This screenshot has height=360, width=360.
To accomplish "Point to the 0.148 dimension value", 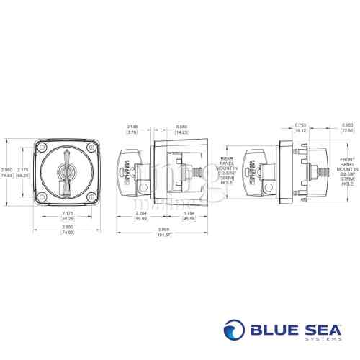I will [x=131, y=127].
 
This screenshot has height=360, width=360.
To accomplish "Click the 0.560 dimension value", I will [x=182, y=127].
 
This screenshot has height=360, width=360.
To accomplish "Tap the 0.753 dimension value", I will [x=300, y=127].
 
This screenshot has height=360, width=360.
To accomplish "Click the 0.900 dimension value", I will [x=346, y=127].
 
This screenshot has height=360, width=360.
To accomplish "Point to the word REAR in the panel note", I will [x=225, y=158].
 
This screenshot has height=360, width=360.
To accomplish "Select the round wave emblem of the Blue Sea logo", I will [x=235, y=332].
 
